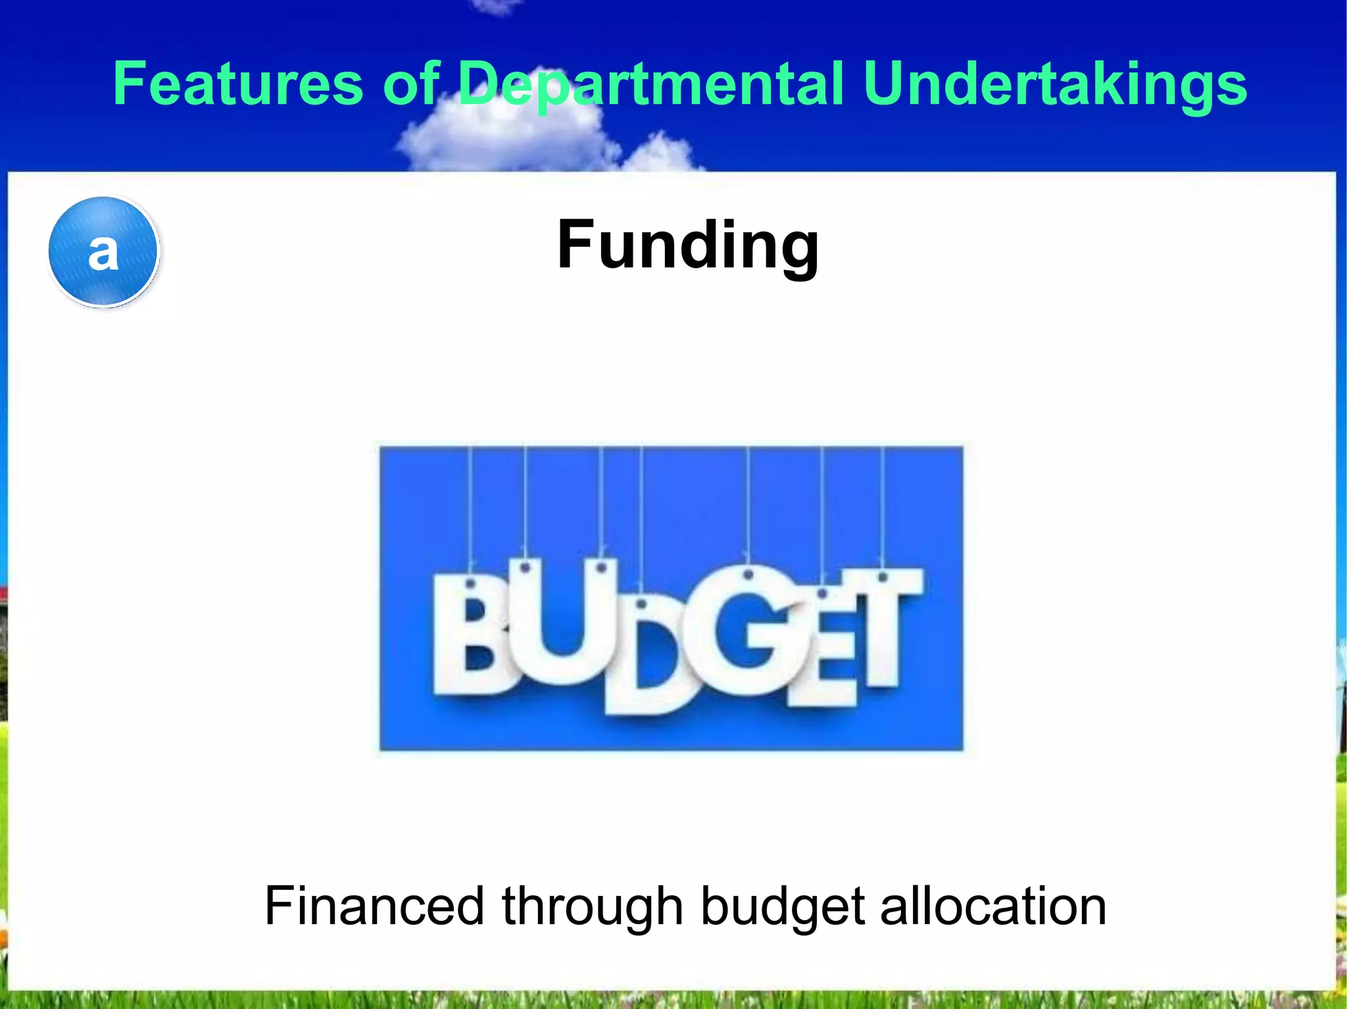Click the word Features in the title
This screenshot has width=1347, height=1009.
(237, 84)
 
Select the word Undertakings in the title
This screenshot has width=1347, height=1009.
(1055, 84)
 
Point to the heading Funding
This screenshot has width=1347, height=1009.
(688, 245)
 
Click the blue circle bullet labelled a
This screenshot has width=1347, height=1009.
(103, 251)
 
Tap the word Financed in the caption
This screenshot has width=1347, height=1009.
(374, 906)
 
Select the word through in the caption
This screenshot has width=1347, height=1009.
(592, 906)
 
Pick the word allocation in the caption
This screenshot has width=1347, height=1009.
(993, 906)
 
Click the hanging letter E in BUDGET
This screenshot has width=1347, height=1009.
(829, 651)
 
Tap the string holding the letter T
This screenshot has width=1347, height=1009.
(883, 506)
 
